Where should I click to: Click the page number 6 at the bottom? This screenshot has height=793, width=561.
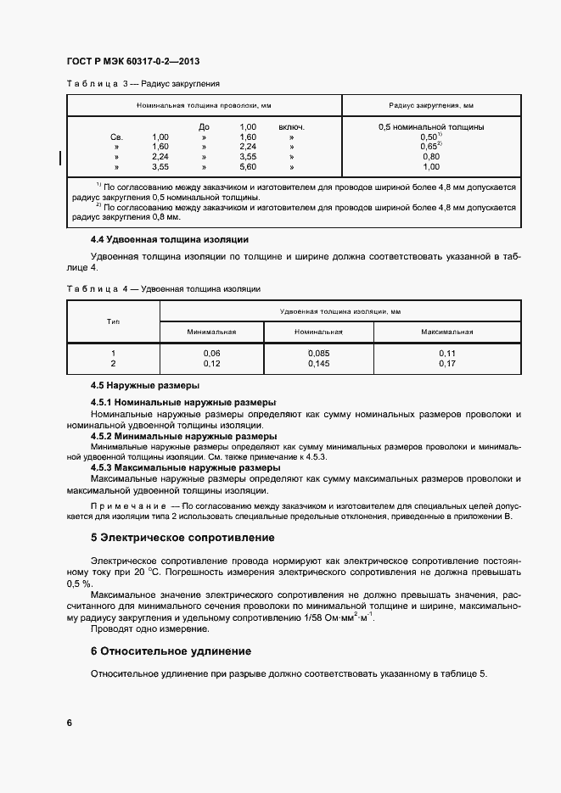coord(70,723)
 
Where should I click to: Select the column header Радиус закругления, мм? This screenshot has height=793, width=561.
coord(431,105)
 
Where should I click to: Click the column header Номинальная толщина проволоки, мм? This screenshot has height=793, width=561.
coord(204,105)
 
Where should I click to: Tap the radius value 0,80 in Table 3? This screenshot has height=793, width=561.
coord(431,157)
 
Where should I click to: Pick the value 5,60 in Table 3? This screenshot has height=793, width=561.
coord(248,167)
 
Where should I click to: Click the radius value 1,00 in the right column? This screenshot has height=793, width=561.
coord(431,167)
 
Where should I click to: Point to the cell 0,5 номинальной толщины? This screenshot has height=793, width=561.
coord(431,127)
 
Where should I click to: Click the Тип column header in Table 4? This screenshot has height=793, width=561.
coord(113,321)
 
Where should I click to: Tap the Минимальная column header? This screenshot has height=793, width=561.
coord(211,332)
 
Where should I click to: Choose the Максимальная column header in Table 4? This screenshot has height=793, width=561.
coord(447,332)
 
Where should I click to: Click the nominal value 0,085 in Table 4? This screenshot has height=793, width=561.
coord(318,353)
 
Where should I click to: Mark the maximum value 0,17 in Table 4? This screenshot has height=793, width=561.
coord(447,363)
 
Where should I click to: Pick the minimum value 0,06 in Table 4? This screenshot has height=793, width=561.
coord(211,353)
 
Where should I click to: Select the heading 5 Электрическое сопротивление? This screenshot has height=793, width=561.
coord(182,538)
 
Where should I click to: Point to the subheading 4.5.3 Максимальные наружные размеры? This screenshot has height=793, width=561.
coord(184,467)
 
